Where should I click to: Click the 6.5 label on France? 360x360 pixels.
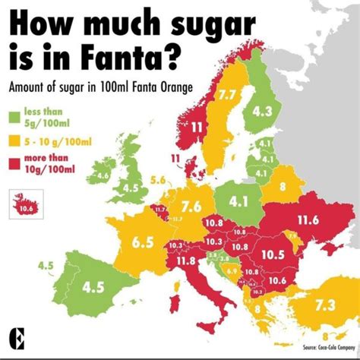click(x=143, y=243)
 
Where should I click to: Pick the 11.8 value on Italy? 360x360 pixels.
click(x=186, y=261)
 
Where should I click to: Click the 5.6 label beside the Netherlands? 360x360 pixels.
click(x=158, y=180)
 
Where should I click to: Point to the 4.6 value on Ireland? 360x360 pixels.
click(x=103, y=175)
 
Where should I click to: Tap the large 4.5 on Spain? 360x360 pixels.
click(x=93, y=287)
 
